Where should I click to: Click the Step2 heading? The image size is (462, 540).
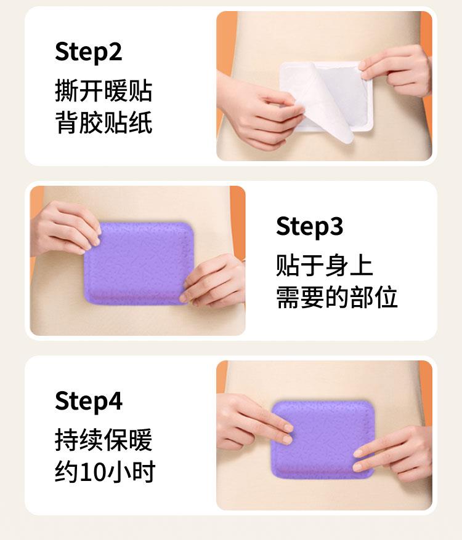tap(88, 52)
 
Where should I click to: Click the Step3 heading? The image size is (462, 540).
tap(309, 226)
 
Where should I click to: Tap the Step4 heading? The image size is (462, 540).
tap(88, 401)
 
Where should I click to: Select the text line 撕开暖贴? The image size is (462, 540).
tap(103, 91)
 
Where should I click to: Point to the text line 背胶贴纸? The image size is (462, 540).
tap(103, 122)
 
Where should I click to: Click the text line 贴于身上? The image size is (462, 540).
tap(325, 265)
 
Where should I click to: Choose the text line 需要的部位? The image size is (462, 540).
tap(337, 297)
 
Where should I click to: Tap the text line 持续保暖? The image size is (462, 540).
tap(103, 440)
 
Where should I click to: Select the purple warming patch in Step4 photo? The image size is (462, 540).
tap(323, 440)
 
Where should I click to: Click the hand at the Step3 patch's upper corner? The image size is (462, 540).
tap(65, 228)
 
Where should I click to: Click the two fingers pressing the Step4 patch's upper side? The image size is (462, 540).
tap(255, 422)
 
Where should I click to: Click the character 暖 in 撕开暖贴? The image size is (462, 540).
tap(116, 91)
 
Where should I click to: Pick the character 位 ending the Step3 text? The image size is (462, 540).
tap(386, 297)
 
